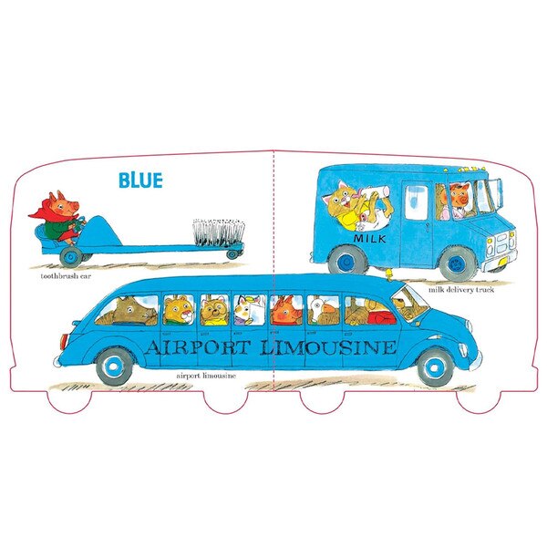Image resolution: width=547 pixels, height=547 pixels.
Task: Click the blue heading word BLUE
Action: click(x=140, y=180)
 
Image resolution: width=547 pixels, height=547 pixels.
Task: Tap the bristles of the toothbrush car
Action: click(x=219, y=232)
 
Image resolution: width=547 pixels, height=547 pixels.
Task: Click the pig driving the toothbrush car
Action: click(x=58, y=217)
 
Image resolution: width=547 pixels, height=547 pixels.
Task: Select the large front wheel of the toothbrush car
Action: click(x=71, y=257)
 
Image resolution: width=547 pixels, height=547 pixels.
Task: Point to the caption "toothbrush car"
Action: click(x=66, y=276)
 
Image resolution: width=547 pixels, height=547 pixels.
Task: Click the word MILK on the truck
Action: click(x=370, y=239)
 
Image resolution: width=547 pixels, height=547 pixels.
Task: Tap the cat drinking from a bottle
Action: click(x=356, y=207)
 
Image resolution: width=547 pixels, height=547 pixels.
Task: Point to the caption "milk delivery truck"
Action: click(x=461, y=290)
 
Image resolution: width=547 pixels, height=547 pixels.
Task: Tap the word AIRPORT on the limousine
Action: click(x=197, y=347)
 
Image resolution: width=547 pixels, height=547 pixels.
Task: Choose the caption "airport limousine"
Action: click(x=206, y=376)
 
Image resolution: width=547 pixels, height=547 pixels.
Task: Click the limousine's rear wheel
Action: click(x=115, y=366)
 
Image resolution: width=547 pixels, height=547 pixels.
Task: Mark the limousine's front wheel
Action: click(x=435, y=368)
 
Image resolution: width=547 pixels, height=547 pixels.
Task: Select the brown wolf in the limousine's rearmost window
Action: click(x=128, y=311)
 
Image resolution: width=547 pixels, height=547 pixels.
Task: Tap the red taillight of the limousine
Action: click(x=64, y=342)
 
